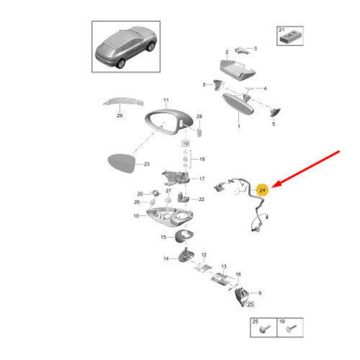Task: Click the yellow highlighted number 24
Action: click(x=262, y=190)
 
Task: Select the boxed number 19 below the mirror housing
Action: click(x=186, y=143)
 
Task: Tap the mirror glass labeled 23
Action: click(x=122, y=163)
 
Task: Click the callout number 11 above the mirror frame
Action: click(x=166, y=100)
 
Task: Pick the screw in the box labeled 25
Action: click(x=265, y=328)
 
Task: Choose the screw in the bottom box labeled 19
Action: click(x=291, y=328)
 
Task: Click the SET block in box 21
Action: click(x=291, y=37)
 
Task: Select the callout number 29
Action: click(x=120, y=115)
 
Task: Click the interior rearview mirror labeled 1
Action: click(x=238, y=104)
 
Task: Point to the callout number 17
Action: click(x=202, y=179)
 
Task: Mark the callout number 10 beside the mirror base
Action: click(x=136, y=216)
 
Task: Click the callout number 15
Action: click(x=163, y=237)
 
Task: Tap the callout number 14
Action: click(x=166, y=258)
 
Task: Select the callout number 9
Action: click(x=260, y=293)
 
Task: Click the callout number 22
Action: click(x=202, y=199)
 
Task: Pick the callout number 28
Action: click(x=199, y=117)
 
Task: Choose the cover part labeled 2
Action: click(x=237, y=70)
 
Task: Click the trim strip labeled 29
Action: click(x=123, y=102)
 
